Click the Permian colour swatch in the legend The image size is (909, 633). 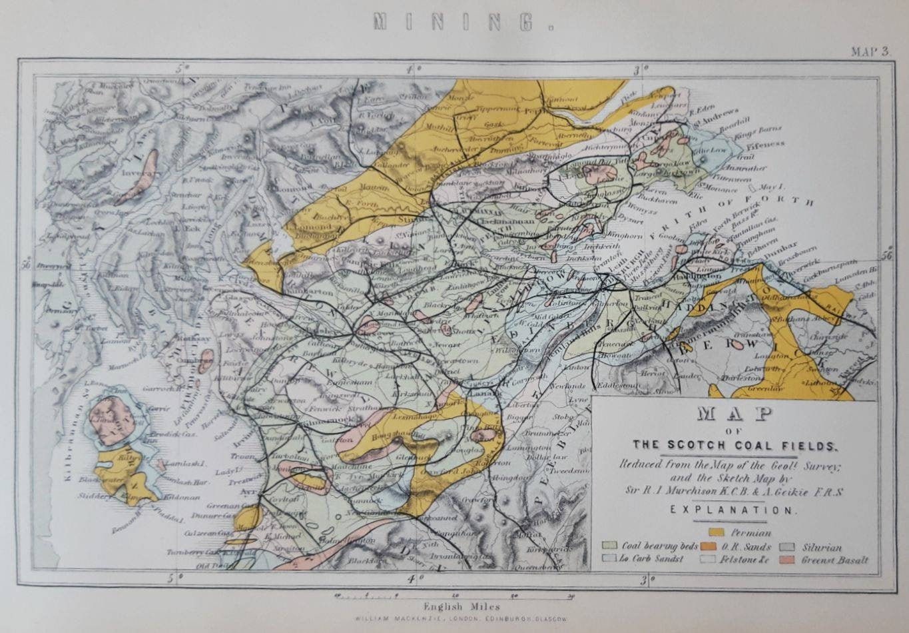pos(717,532)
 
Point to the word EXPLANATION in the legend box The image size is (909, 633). pos(733,510)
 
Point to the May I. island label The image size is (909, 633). pos(770,187)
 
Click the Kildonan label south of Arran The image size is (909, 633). pos(176,498)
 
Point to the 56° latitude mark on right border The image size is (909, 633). pos(885,255)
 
